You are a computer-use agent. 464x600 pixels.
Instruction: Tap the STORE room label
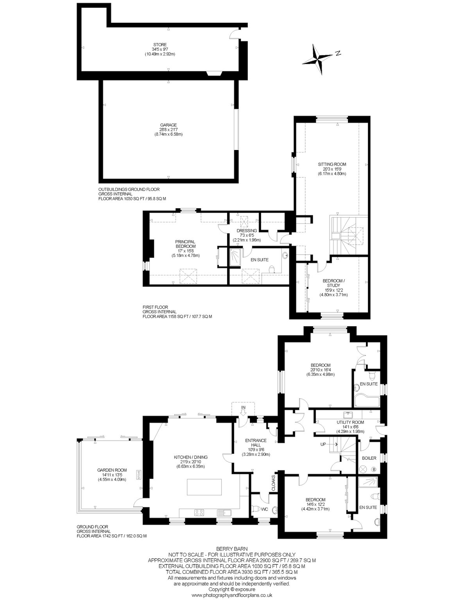[x=160, y=45]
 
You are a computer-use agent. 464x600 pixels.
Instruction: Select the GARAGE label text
[x=169, y=125]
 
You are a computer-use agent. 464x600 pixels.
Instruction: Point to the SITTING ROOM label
[x=332, y=164]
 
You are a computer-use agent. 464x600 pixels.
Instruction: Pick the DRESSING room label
[x=247, y=230]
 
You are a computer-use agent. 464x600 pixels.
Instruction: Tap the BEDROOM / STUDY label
[x=334, y=283]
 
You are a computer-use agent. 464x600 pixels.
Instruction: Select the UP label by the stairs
[x=323, y=444]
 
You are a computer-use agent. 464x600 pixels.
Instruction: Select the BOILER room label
[x=369, y=458]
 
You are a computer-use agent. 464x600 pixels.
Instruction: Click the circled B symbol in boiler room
[x=374, y=469]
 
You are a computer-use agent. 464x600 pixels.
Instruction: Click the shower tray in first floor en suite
[x=235, y=257]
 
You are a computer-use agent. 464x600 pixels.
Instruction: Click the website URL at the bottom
[x=232, y=595]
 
